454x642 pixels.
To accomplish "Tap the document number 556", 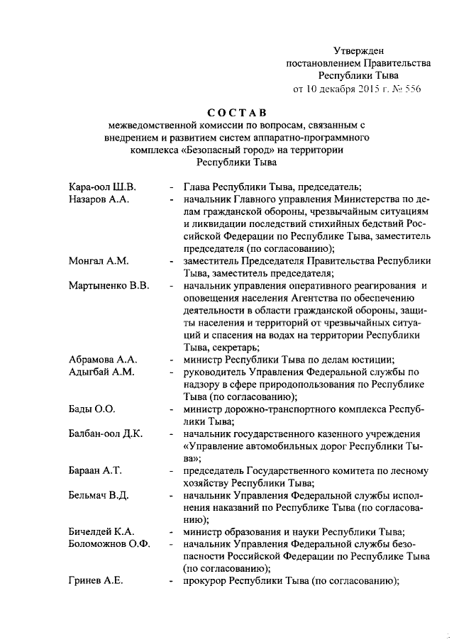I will [x=412, y=89].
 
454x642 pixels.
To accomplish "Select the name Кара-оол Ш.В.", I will [x=102, y=187].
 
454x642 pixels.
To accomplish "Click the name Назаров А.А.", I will [x=98, y=200].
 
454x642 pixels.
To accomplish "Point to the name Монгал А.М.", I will [x=98, y=261].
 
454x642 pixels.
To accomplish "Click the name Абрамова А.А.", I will [x=103, y=359].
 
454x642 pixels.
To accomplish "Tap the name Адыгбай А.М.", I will [x=101, y=371].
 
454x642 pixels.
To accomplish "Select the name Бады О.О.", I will [x=92, y=409].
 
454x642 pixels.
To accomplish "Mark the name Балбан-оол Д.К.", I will [x=106, y=433].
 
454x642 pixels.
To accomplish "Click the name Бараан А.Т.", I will [x=96, y=470].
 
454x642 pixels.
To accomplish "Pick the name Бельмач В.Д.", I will [x=99, y=494].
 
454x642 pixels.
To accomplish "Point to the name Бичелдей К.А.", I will [x=101, y=531].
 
